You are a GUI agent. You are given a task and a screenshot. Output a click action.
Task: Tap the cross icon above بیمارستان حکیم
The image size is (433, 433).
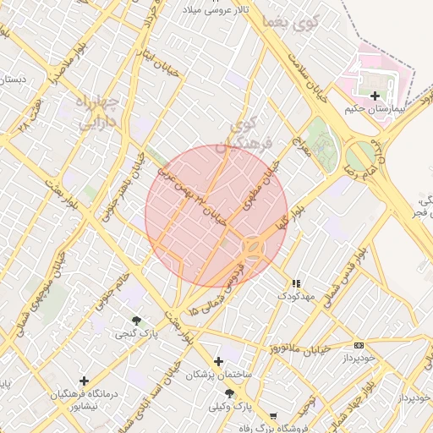pyautogui.click(x=375, y=96)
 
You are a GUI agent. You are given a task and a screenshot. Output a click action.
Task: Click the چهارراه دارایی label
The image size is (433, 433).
pyautogui.click(x=100, y=113)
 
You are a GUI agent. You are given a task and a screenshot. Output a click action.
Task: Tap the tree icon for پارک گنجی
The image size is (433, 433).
pyautogui.click(x=136, y=321)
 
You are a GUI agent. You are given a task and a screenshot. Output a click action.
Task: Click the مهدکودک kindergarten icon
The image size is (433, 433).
pyautogui.click(x=296, y=283)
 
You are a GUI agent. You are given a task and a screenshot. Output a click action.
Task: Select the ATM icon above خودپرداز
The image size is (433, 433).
pyautogui.click(x=359, y=345)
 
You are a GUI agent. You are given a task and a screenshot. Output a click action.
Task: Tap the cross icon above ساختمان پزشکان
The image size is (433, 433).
pyautogui.click(x=218, y=361)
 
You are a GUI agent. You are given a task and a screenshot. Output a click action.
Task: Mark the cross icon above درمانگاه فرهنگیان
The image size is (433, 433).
pyautogui.click(x=83, y=381)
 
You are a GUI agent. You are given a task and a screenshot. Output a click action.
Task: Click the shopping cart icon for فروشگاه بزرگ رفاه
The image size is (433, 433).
pyautogui.click(x=272, y=415)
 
